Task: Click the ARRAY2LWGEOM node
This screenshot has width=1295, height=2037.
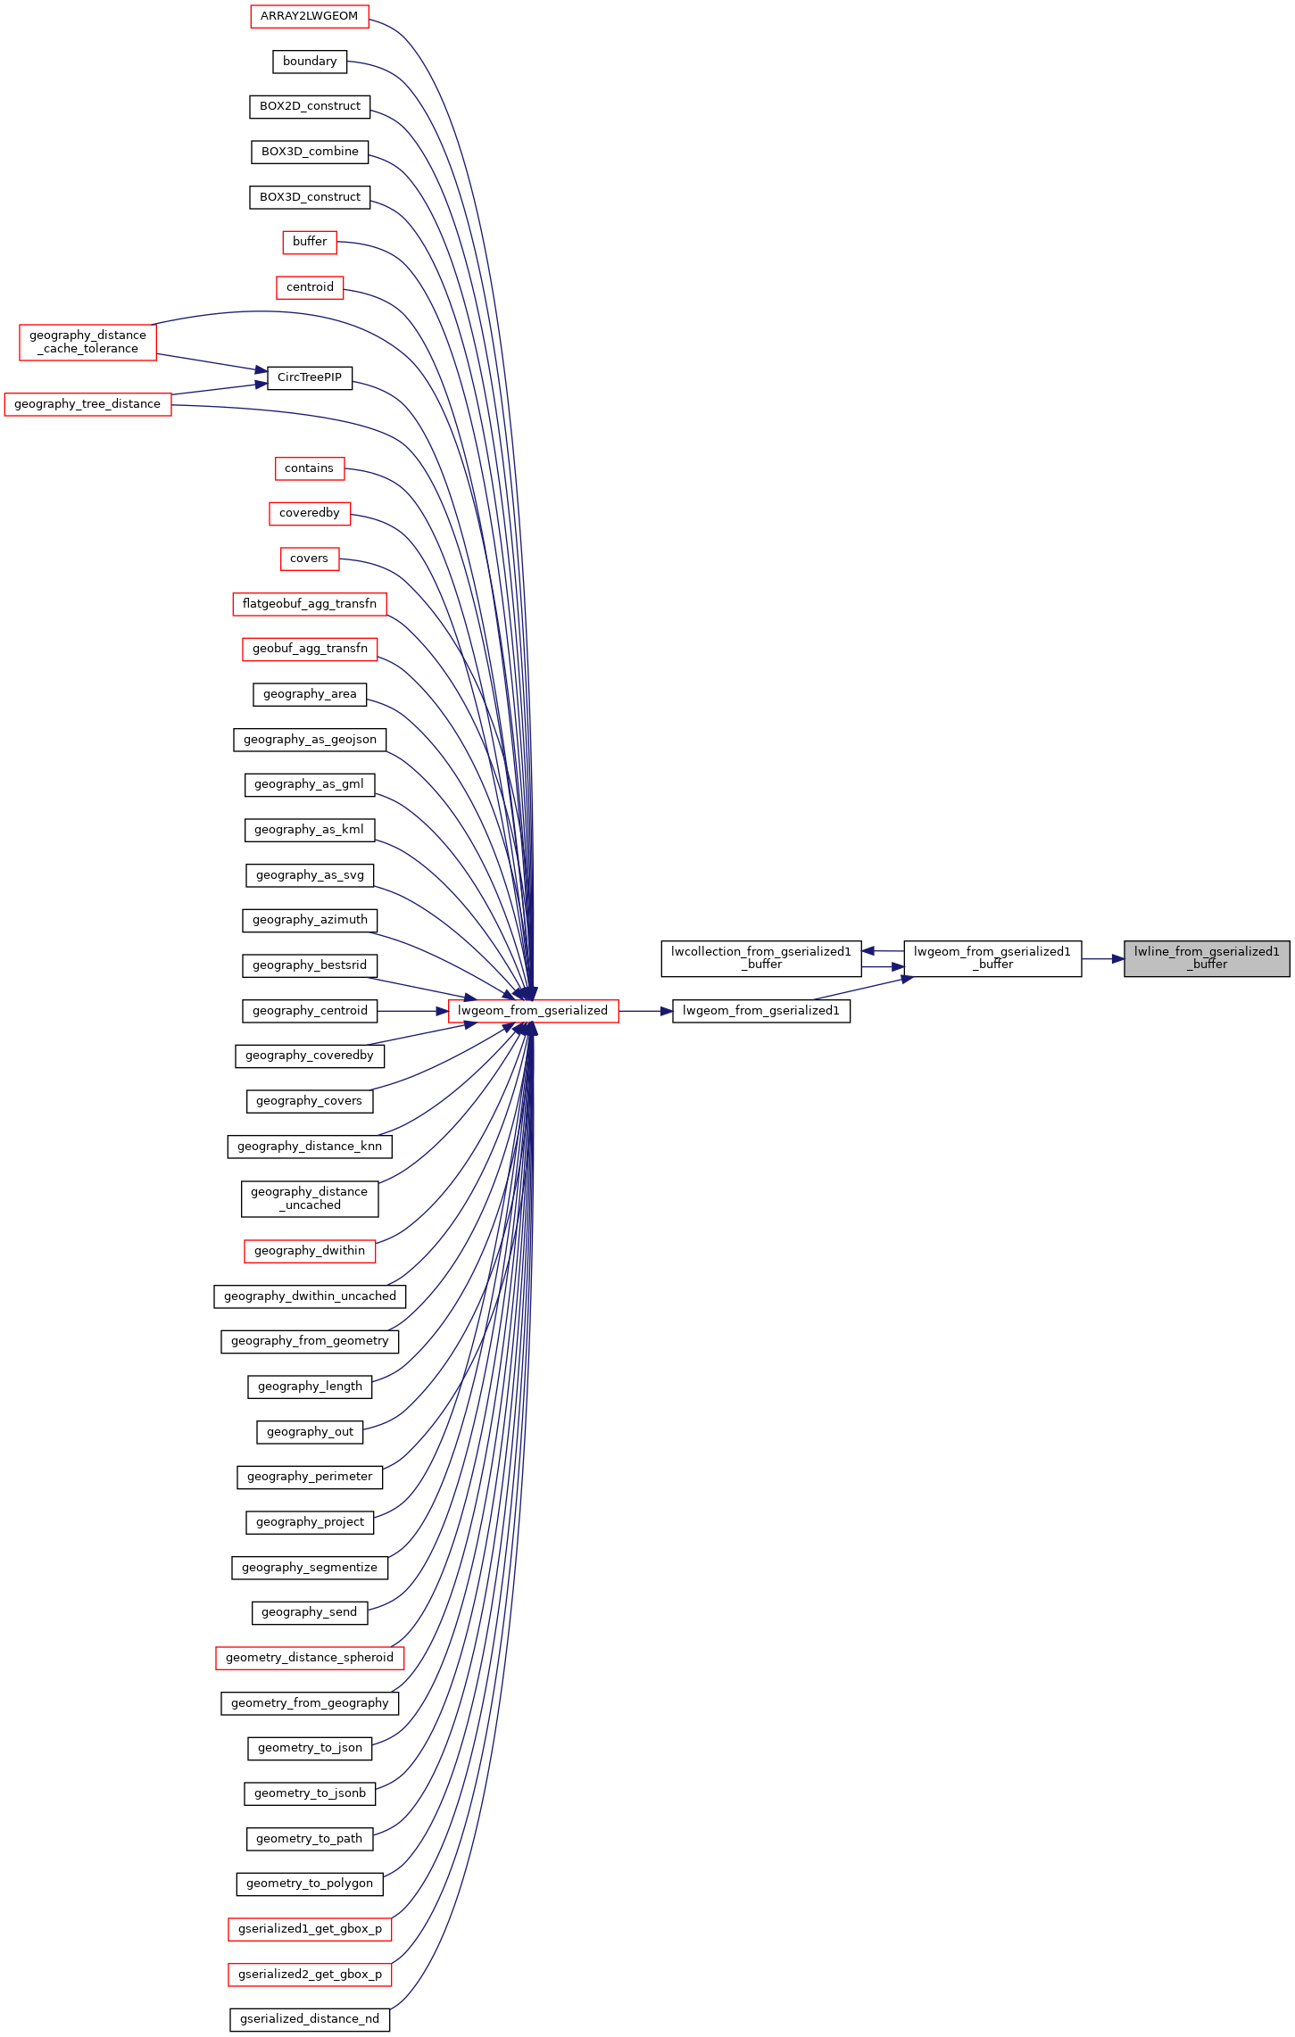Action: [309, 16]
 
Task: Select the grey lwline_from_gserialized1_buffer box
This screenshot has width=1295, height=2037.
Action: [1206, 958]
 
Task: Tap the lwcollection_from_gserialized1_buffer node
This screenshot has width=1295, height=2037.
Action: [760, 958]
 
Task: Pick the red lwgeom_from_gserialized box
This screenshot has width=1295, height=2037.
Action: [533, 1011]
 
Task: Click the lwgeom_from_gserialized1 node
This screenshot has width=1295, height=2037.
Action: [760, 1011]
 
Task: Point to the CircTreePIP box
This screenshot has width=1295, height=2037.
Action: [309, 377]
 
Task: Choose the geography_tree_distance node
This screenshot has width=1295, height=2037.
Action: [87, 404]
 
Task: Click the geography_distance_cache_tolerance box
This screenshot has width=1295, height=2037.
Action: [87, 343]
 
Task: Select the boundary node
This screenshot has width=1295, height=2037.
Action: [309, 62]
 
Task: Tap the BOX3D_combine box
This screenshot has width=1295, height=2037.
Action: [309, 152]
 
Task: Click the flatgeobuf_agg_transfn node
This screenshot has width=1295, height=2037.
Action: [309, 604]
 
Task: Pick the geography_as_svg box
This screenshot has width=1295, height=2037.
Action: [309, 875]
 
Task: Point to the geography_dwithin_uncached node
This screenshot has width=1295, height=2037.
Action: [309, 1296]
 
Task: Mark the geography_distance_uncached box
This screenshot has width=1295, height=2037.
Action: [309, 1198]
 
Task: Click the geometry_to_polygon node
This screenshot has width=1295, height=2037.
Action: [309, 1884]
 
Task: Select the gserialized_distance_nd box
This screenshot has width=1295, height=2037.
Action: [309, 2019]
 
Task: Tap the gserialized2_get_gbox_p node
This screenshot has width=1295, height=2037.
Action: [309, 1975]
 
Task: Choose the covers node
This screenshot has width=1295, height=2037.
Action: [309, 559]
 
